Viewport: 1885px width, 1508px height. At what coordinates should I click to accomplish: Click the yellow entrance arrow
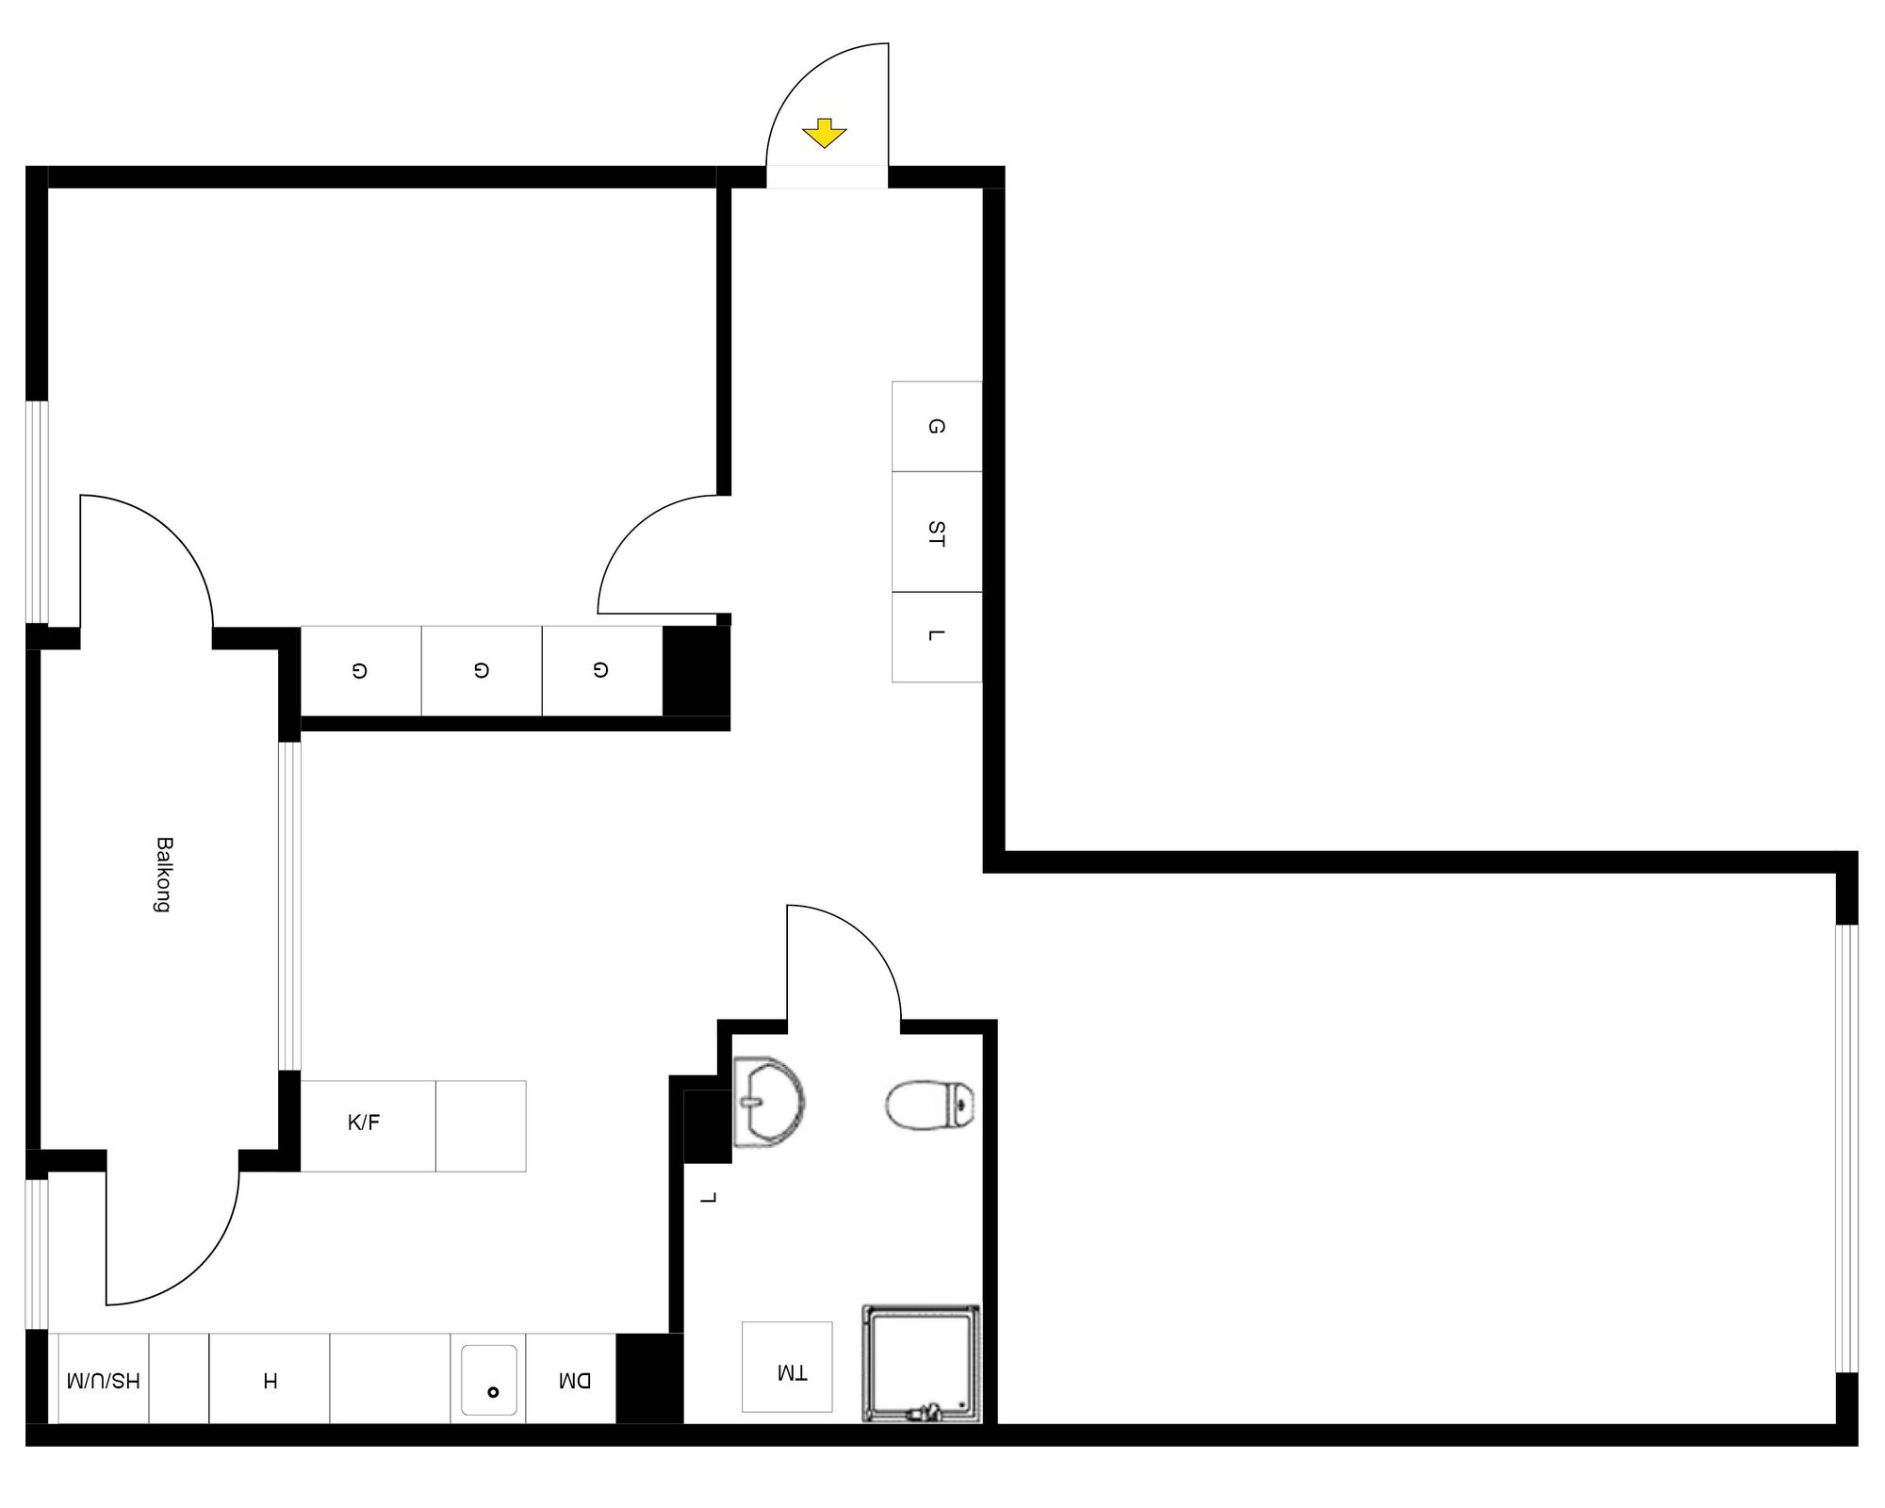pyautogui.click(x=825, y=133)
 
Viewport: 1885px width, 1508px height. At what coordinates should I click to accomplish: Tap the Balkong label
pyautogui.click(x=164, y=874)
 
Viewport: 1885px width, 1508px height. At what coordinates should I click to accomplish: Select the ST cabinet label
pyautogui.click(x=936, y=533)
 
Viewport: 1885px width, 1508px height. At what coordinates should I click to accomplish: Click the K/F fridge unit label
pyautogui.click(x=364, y=1123)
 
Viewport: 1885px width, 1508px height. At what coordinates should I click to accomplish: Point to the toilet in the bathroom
pyautogui.click(x=929, y=1105)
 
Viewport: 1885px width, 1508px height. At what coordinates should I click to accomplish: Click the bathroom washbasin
pyautogui.click(x=768, y=1102)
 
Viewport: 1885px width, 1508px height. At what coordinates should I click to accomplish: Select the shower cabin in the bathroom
pyautogui.click(x=921, y=1364)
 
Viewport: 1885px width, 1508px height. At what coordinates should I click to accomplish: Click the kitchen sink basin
pyautogui.click(x=488, y=1381)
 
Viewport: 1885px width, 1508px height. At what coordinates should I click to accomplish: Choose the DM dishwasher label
pyautogui.click(x=574, y=1382)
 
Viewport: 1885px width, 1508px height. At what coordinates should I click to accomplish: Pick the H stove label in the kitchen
pyautogui.click(x=270, y=1382)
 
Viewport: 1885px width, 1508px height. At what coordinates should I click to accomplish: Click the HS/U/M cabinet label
pyautogui.click(x=104, y=1382)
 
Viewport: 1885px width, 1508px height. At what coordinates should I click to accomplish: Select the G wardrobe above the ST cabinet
pyautogui.click(x=936, y=426)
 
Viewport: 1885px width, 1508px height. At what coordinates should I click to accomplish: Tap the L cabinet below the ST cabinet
pyautogui.click(x=936, y=636)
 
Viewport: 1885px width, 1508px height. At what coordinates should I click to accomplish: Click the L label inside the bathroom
pyautogui.click(x=710, y=1198)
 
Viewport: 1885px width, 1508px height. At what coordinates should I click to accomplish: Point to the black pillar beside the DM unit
pyautogui.click(x=648, y=1378)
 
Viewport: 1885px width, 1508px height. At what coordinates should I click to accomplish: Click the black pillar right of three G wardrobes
pyautogui.click(x=697, y=670)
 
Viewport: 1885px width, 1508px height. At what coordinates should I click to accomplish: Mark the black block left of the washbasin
pyautogui.click(x=707, y=1126)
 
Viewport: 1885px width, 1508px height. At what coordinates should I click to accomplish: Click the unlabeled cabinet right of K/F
pyautogui.click(x=481, y=1126)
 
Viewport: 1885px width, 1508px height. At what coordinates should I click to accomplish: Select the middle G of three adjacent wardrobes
pyautogui.click(x=482, y=670)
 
